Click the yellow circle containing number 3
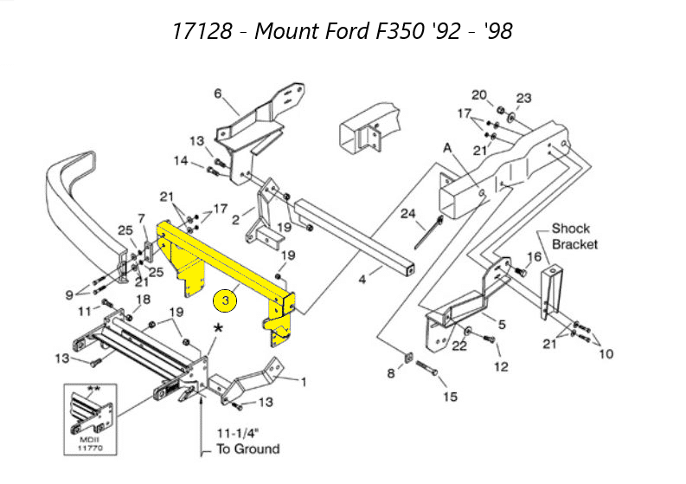[x=225, y=300]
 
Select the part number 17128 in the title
[x=202, y=31]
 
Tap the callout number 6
[x=218, y=94]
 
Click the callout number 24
[x=408, y=214]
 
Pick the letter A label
[x=447, y=148]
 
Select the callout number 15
[x=450, y=397]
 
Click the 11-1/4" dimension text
[x=238, y=433]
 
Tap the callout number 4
[x=362, y=279]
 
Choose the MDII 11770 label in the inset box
[x=91, y=443]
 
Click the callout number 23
[x=523, y=98]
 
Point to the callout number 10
[x=606, y=353]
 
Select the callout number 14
[x=181, y=161]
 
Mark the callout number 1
[x=303, y=382]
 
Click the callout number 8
[x=391, y=373]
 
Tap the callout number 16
[x=535, y=256]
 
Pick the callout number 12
[x=502, y=366]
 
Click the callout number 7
[x=141, y=218]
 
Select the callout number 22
[x=459, y=345]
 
